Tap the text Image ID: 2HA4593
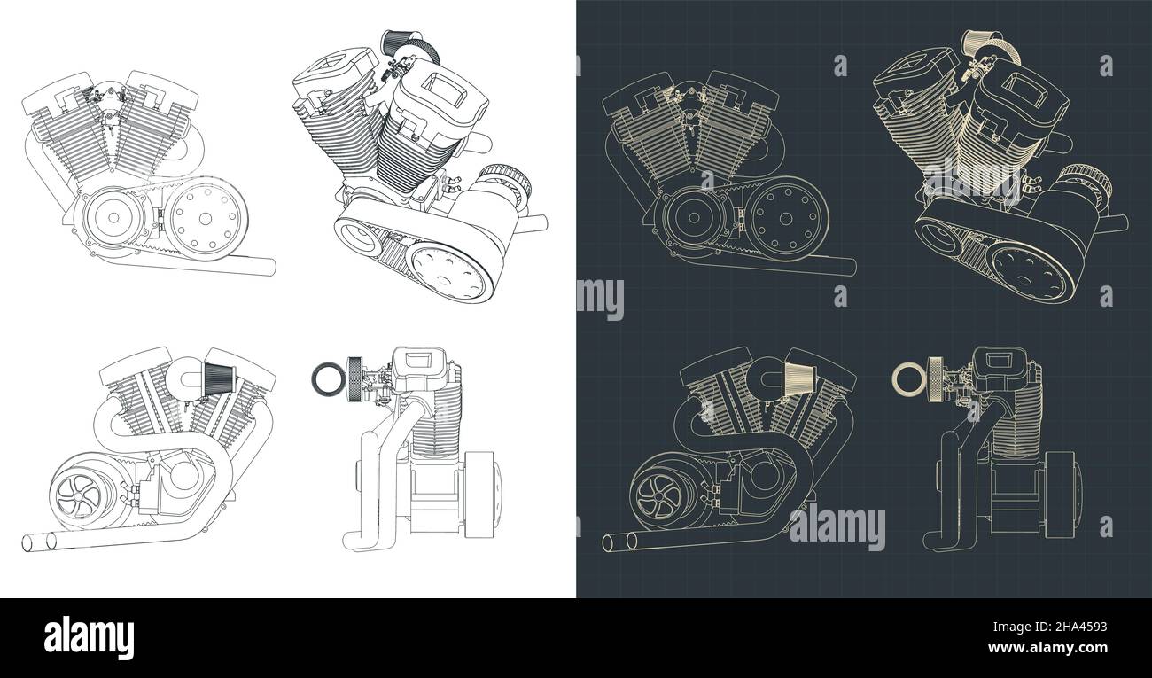click(1050, 627)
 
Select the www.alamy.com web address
click(1048, 647)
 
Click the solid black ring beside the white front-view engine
click(325, 378)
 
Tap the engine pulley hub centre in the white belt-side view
click(113, 218)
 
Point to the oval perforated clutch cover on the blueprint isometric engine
click(1030, 273)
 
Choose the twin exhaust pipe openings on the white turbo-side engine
click(39, 542)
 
